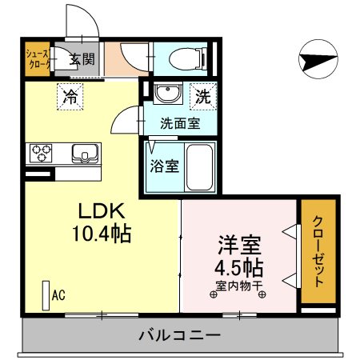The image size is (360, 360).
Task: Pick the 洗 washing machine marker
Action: click(203, 97)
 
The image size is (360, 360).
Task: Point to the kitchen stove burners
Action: click(42, 152)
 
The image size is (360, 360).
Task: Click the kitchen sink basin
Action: click(83, 152)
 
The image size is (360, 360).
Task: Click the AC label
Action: click(58, 296)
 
